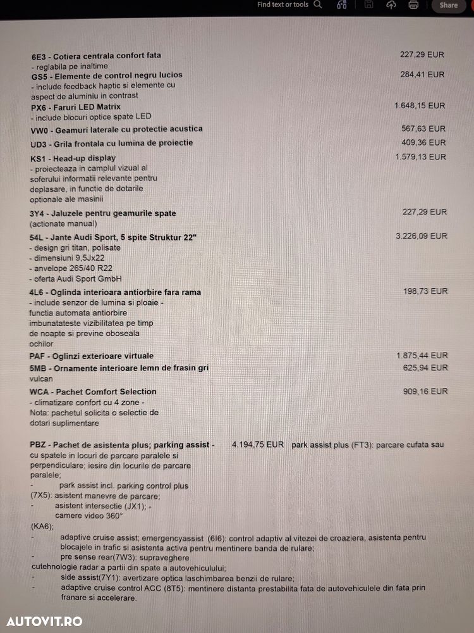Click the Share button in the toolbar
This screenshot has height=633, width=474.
[x=449, y=5]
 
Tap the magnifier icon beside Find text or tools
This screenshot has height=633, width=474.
[x=317, y=4]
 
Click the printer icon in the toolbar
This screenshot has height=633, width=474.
[x=413, y=5]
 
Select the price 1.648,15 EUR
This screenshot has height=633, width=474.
[x=420, y=106]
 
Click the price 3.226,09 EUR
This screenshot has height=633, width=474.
[x=421, y=236]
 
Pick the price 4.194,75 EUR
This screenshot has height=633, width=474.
[x=258, y=445]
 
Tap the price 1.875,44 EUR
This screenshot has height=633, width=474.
[x=422, y=356]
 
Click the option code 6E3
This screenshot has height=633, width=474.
[x=39, y=56]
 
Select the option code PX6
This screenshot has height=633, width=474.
[x=39, y=107]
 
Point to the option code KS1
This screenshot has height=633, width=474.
[x=38, y=158]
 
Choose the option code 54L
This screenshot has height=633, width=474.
[x=38, y=237]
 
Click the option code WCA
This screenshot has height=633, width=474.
[x=40, y=392]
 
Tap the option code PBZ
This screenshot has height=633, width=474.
[x=38, y=445]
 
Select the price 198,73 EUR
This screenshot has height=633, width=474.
[x=425, y=291]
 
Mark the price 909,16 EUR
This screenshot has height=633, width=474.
[x=425, y=391]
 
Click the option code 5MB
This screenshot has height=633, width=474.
[x=39, y=368]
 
